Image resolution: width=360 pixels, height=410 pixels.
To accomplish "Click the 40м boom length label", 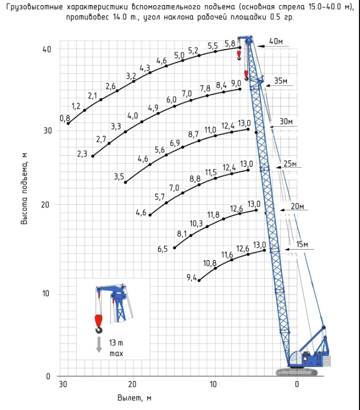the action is [276, 41].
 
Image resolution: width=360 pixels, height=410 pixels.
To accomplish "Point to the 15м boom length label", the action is [302, 244].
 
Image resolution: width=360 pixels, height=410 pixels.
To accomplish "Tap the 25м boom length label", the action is [290, 164].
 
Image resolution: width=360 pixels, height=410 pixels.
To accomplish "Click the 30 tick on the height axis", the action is [48, 131].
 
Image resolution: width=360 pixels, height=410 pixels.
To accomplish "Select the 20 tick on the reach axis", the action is [132, 384].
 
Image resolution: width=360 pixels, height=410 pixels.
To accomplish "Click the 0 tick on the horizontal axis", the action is [297, 384].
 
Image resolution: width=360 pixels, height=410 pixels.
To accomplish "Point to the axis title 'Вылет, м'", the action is [134, 398].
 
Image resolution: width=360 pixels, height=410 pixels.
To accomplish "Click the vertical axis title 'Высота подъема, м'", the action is [24, 189].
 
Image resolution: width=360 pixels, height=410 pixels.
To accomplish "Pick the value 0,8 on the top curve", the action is [65, 118].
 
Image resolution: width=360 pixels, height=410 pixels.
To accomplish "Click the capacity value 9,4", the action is [191, 278].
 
